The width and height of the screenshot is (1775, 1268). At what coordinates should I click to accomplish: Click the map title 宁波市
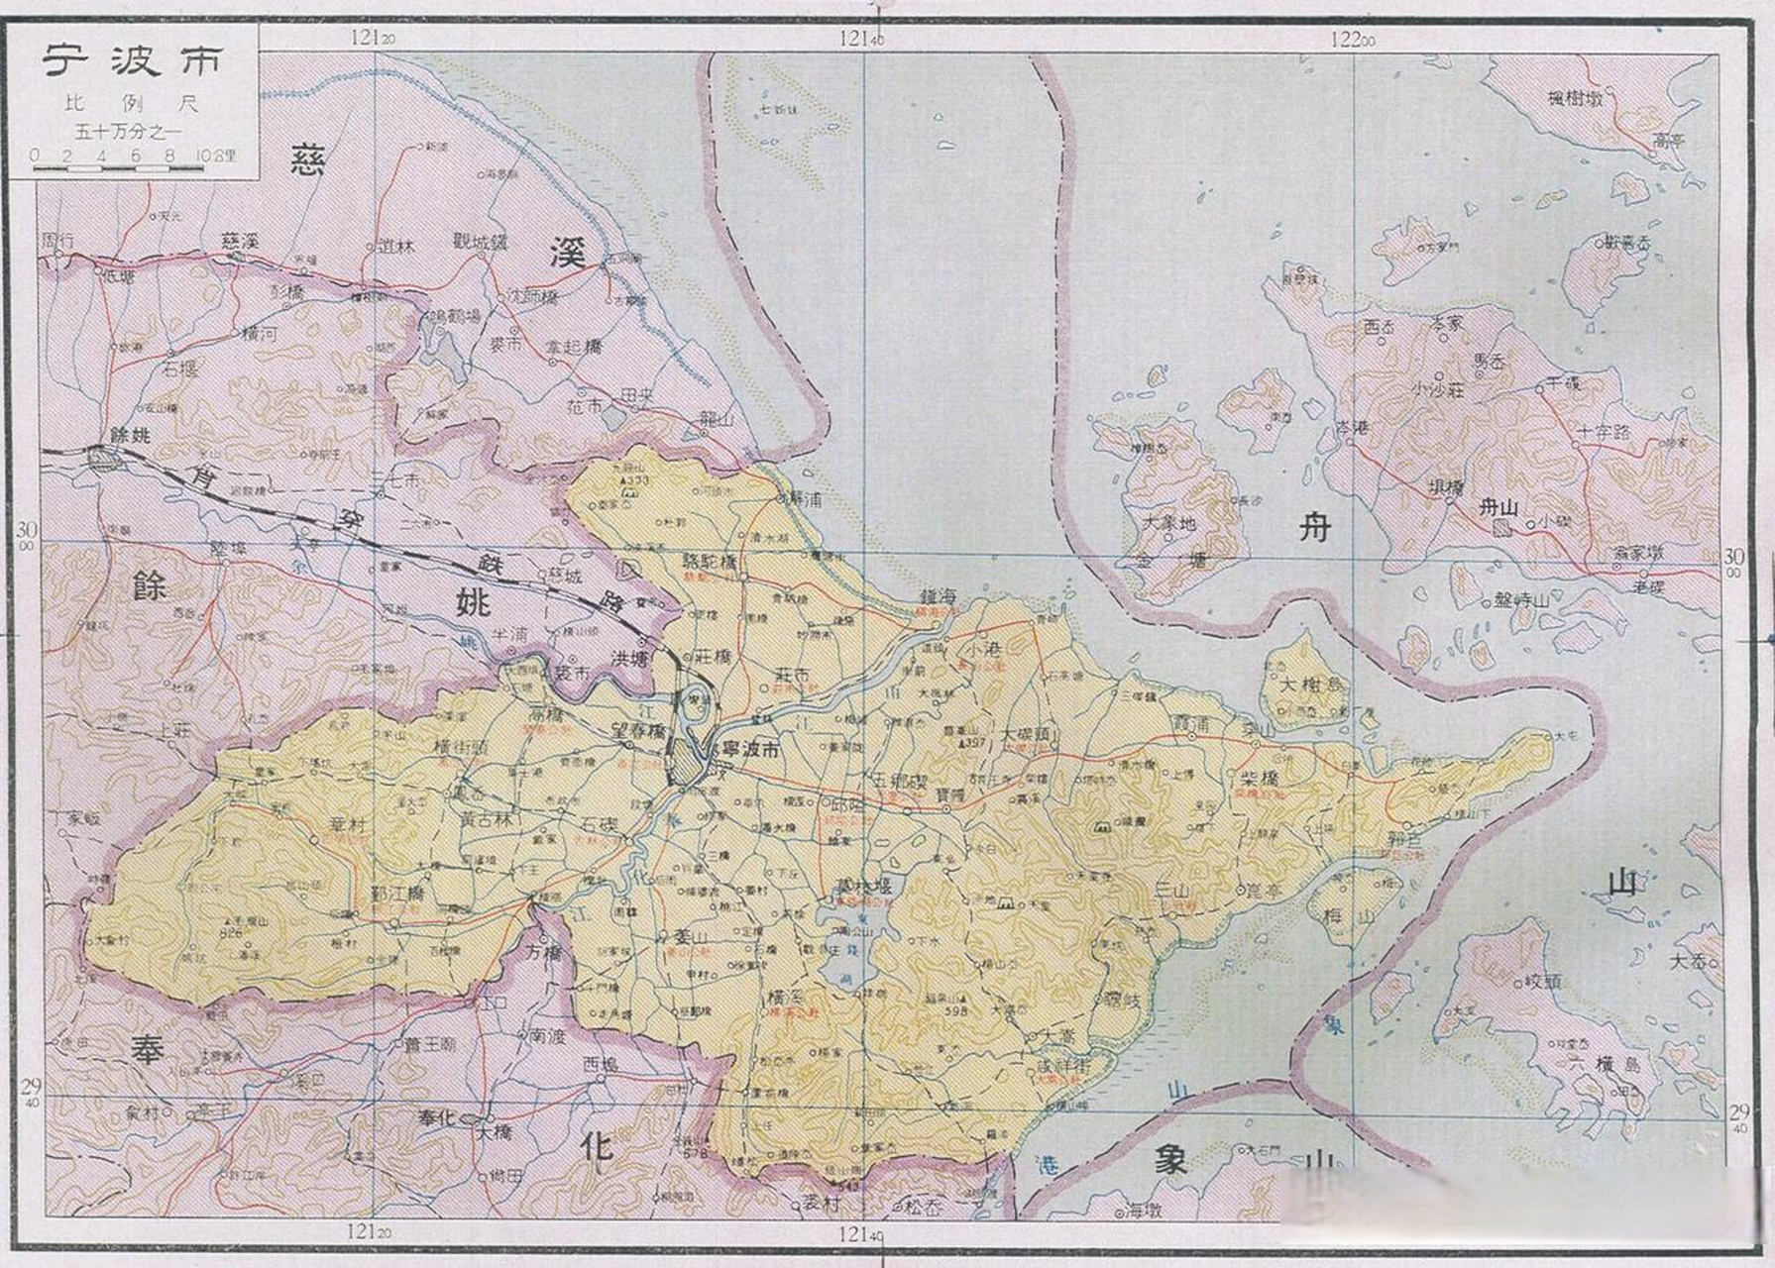click(x=131, y=61)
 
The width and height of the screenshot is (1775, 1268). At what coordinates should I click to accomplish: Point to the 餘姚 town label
click(x=132, y=435)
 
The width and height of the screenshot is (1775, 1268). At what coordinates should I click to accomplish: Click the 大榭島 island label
click(x=1314, y=686)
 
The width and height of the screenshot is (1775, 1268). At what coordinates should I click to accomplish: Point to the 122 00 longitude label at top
click(x=1353, y=40)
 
